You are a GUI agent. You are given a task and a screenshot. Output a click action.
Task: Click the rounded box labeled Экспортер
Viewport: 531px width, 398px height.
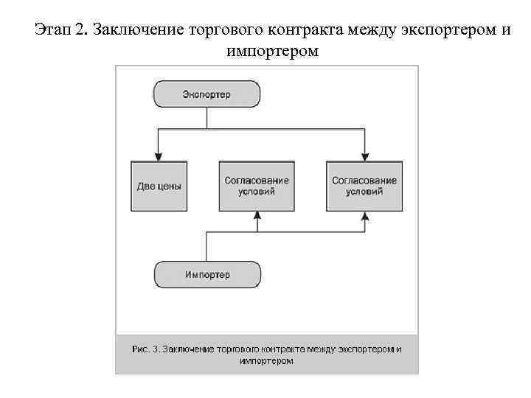click(207, 94)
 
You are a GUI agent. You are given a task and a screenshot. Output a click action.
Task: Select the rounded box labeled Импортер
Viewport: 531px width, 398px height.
click(207, 275)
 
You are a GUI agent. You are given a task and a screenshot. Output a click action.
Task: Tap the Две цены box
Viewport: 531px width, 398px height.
click(159, 186)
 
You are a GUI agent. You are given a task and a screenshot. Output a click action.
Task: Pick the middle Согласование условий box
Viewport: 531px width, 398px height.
click(257, 185)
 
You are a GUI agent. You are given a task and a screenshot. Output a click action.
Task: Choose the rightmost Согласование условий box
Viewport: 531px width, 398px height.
click(364, 185)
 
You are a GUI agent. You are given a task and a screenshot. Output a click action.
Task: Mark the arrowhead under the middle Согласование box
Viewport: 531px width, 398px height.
click(257, 215)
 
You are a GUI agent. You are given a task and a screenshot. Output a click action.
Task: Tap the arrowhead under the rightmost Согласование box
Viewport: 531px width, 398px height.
click(364, 215)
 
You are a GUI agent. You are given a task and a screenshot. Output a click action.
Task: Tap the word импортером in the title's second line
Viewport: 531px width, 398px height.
click(274, 52)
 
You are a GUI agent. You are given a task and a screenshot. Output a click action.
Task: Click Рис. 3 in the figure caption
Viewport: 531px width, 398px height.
click(145, 349)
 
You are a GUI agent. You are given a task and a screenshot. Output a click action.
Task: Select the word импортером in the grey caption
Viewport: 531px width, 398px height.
click(266, 361)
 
